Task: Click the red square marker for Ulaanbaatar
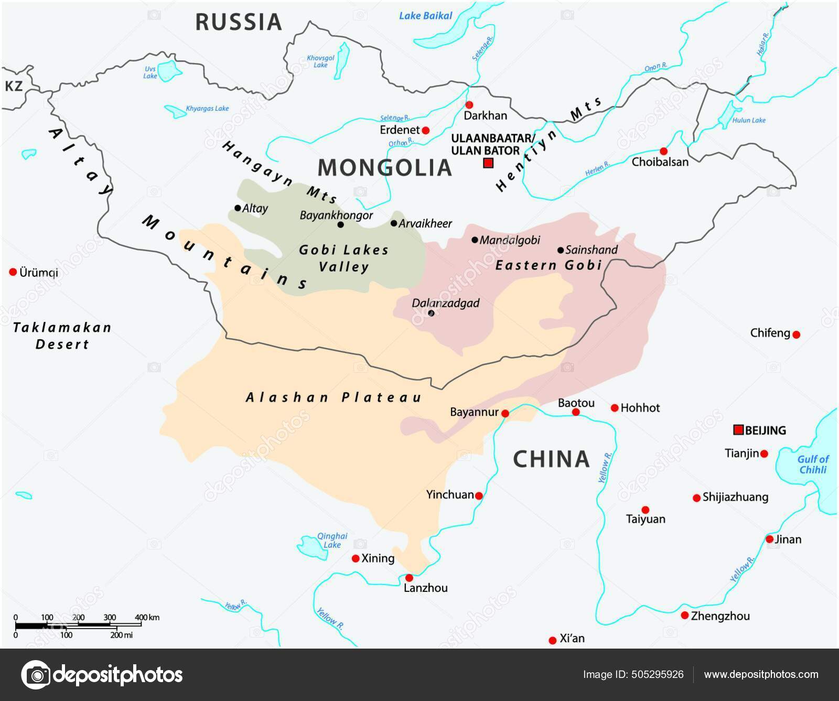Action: tap(488, 163)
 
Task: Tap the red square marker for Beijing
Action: tap(738, 430)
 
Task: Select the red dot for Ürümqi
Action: tap(13, 272)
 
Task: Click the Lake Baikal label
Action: tap(425, 16)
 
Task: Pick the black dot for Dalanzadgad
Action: tap(431, 313)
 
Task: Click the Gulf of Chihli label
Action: tap(813, 465)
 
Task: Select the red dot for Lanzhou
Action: tap(409, 578)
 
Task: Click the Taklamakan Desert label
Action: tap(62, 336)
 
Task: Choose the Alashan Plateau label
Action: tap(334, 397)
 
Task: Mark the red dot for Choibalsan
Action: tap(663, 151)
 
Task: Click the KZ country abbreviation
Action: tap(14, 86)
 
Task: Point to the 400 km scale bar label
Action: tap(147, 617)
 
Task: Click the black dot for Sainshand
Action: tap(561, 250)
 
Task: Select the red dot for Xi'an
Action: tap(552, 640)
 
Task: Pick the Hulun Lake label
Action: tap(749, 120)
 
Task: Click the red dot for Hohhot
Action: tap(615, 407)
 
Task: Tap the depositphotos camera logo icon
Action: tap(36, 674)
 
